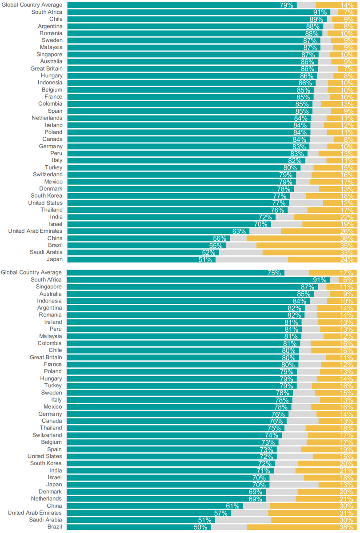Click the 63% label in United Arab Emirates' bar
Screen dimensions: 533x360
tap(239, 231)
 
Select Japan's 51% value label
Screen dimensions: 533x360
tap(205, 260)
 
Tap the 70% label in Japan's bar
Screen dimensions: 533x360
tap(260, 485)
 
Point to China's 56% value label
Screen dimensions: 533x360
tap(220, 239)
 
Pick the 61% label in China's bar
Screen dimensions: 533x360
tap(233, 506)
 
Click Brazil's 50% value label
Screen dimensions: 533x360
tap(200, 528)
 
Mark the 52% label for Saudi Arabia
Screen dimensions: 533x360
tap(209, 253)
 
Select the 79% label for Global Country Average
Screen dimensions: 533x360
tap(286, 5)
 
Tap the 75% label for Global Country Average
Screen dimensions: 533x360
tap(274, 273)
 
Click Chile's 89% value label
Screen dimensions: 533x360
tap(316, 20)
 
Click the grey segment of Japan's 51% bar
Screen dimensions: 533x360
tap(252, 260)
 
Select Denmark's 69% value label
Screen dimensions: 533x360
tap(256, 492)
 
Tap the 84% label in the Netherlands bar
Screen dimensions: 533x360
tap(301, 118)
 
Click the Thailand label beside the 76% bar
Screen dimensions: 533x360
tap(52, 210)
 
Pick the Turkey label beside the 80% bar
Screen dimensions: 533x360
tap(53, 168)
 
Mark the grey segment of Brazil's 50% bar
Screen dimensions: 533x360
tap(229, 528)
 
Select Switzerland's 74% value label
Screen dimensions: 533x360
tap(272, 435)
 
